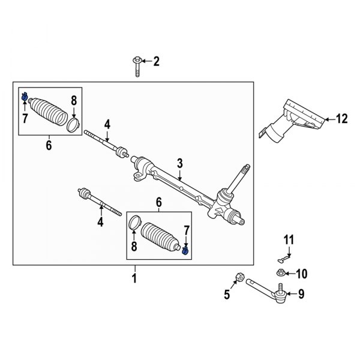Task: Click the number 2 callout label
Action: point(157,61)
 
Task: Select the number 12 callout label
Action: point(342,119)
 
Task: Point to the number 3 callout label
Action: point(179,163)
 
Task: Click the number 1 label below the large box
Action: point(134,278)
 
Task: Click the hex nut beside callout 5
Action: point(238,277)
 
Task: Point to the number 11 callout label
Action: point(289,241)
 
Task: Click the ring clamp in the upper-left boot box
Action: point(73,124)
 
